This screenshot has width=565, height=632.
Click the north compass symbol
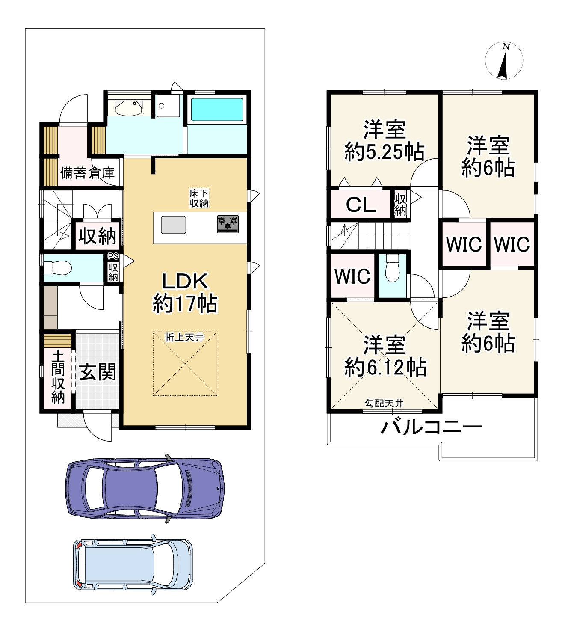pyautogui.click(x=504, y=60)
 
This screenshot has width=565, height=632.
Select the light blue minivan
pyautogui.click(x=133, y=564)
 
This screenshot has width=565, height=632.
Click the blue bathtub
pyautogui.click(x=217, y=110)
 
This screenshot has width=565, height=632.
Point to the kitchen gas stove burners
pyautogui.click(x=228, y=224)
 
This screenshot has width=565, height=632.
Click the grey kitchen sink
pyautogui.click(x=173, y=225)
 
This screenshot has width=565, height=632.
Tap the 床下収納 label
pyautogui.click(x=199, y=198)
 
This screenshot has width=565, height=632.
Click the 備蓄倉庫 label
pyautogui.click(x=87, y=173)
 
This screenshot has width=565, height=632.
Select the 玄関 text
pyautogui.click(x=98, y=371)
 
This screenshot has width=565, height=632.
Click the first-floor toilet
pyautogui.click(x=58, y=267)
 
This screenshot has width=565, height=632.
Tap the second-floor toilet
pyautogui.click(x=392, y=268)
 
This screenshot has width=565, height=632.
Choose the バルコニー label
pyautogui.click(x=432, y=427)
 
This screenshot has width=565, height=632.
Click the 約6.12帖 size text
pyautogui.click(x=385, y=368)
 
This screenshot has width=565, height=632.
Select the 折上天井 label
pyautogui.click(x=185, y=337)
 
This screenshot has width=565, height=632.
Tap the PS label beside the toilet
pyautogui.click(x=113, y=256)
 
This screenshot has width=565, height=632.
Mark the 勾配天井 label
pyautogui.click(x=385, y=404)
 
